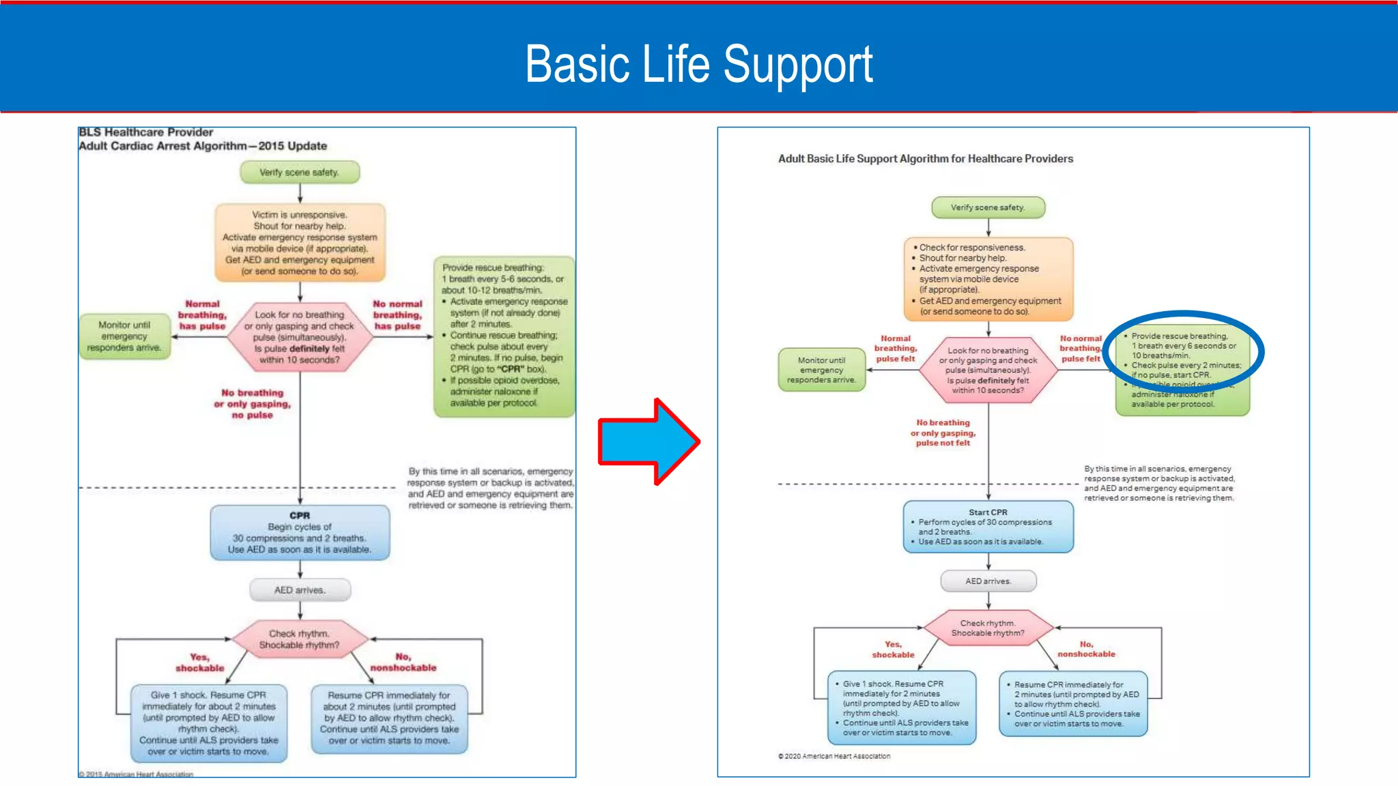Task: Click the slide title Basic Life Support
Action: [x=698, y=64]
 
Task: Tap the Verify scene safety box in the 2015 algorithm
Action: [x=300, y=173]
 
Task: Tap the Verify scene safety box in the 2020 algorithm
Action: [x=988, y=207]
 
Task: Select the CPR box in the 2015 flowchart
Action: [x=300, y=533]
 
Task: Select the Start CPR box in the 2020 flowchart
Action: [x=988, y=527]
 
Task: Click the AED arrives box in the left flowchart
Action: [x=300, y=590]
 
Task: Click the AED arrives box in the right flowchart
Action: [x=988, y=581]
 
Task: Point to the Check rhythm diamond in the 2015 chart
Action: [x=300, y=639]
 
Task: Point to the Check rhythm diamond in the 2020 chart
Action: [x=988, y=628]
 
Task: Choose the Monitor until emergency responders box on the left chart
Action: [x=124, y=336]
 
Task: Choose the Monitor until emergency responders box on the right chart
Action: [x=821, y=370]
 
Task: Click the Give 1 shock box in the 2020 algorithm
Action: [x=901, y=708]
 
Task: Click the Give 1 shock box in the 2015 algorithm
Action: [x=209, y=723]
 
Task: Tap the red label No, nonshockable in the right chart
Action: [x=1086, y=649]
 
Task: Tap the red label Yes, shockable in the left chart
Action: [x=199, y=663]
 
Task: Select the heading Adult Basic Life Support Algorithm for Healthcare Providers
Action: [x=925, y=159]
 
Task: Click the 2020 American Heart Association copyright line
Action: [x=834, y=756]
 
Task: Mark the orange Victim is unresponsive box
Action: [x=300, y=243]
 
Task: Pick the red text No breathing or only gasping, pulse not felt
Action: [x=943, y=433]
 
